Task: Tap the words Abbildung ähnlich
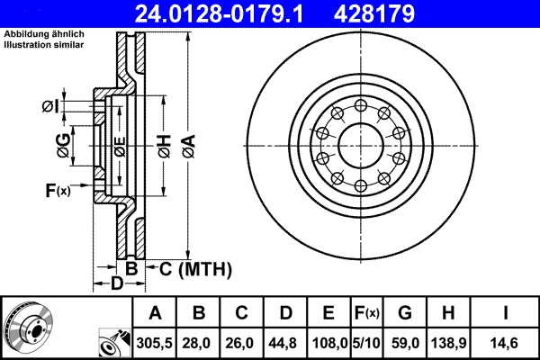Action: pyautogui.click(x=36, y=33)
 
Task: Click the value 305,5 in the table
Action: pyautogui.click(x=154, y=343)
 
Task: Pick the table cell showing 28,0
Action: pyautogui.click(x=199, y=343)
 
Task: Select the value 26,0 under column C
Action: pyautogui.click(x=242, y=343)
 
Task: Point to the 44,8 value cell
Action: pyautogui.click(x=285, y=343)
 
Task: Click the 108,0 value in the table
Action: pyautogui.click(x=328, y=343)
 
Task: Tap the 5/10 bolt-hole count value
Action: pyautogui.click(x=365, y=343)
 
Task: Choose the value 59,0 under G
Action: pyautogui.click(x=404, y=343)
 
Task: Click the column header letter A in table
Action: pyautogui.click(x=154, y=314)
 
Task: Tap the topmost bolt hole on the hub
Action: pyautogui.click(x=360, y=104)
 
